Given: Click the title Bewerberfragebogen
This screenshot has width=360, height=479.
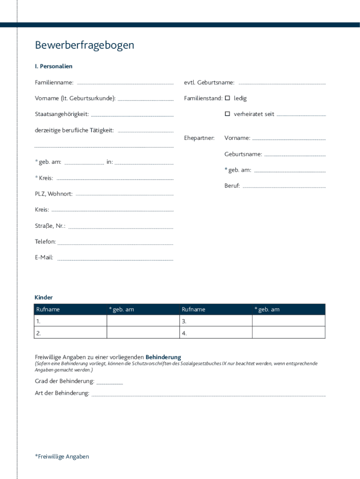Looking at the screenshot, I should click(x=84, y=45).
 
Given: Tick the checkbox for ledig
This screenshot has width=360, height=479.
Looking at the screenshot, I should click(x=228, y=98).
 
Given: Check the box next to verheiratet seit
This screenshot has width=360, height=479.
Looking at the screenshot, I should click(x=228, y=114).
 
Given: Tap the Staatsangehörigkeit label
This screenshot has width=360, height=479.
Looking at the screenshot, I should click(x=62, y=114).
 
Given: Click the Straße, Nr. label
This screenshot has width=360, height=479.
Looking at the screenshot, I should click(x=50, y=226).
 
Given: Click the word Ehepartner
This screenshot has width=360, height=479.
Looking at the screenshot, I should click(x=199, y=138).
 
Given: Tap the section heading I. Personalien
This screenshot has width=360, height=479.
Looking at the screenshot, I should click(x=53, y=66).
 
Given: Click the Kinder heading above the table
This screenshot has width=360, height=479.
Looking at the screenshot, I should click(x=43, y=298).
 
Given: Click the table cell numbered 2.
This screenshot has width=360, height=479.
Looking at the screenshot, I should click(x=71, y=333).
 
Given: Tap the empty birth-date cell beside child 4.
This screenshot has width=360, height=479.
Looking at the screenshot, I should click(x=288, y=333).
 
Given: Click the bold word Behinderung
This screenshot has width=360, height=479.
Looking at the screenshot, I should click(x=163, y=357).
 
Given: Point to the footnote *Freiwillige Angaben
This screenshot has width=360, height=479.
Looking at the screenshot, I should click(x=62, y=457).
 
